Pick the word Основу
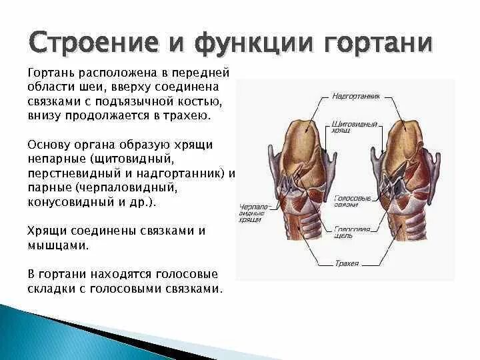point(52,145)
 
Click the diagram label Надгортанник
point(355,96)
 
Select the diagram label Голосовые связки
point(351,202)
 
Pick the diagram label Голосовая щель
point(352,231)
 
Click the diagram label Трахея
point(347,263)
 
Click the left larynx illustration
point(296,180)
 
